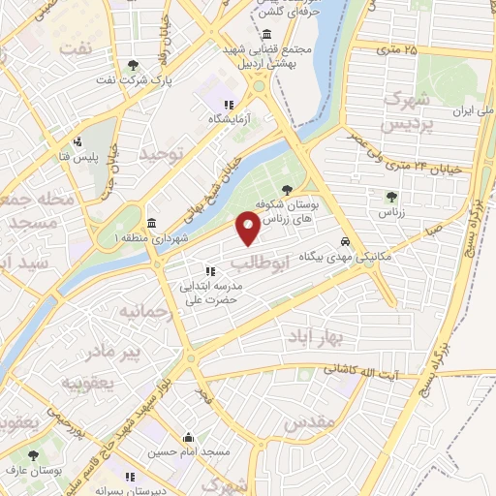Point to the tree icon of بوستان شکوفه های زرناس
(x=286, y=190)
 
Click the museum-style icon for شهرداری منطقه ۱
(x=150, y=222)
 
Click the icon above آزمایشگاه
(x=229, y=105)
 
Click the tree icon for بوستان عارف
(x=34, y=453)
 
